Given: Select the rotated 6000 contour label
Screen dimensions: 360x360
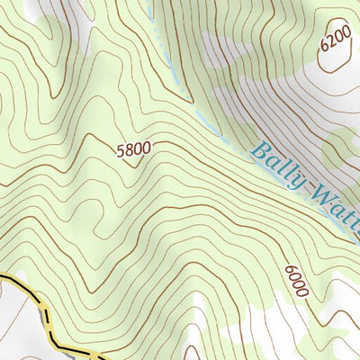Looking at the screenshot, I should pos(296,281).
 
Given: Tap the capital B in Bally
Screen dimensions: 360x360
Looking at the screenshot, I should pos(260,152).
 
